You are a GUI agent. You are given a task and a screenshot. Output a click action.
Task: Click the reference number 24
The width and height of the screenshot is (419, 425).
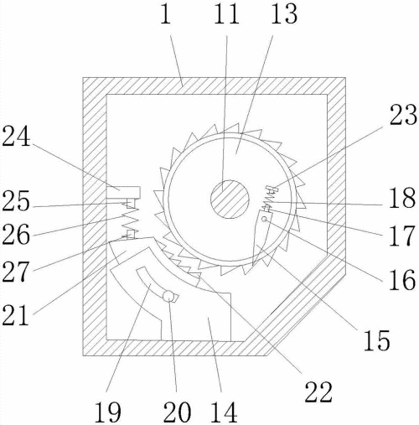16,137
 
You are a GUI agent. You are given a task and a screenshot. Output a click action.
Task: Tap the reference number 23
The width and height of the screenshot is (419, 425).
403,115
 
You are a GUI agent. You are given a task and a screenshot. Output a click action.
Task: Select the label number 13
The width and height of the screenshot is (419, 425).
284,13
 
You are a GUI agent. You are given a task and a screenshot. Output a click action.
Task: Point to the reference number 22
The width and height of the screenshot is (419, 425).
318,391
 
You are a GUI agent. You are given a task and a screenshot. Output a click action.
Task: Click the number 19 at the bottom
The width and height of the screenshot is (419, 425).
107,412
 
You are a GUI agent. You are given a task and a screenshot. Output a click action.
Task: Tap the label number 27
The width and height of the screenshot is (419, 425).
16,271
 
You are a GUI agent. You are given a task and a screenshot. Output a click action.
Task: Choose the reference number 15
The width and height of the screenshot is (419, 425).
376,340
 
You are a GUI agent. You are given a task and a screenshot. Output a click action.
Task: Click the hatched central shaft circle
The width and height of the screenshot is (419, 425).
230,200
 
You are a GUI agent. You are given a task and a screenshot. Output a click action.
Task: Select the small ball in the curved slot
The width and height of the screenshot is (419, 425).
168,296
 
